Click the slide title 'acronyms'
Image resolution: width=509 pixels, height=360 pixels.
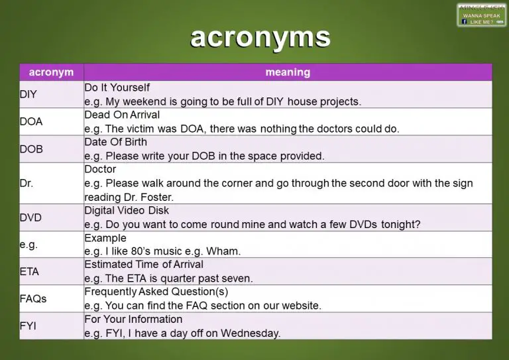click(x=260, y=38)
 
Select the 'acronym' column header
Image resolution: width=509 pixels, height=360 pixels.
click(x=51, y=72)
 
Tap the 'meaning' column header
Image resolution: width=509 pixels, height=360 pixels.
click(x=288, y=72)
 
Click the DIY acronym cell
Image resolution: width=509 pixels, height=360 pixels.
click(x=28, y=94)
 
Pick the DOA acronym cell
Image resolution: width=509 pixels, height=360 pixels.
click(x=31, y=122)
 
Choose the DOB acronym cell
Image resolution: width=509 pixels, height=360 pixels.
click(x=31, y=149)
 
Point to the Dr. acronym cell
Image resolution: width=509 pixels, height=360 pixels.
click(x=27, y=183)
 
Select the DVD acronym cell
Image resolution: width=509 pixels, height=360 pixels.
click(x=31, y=217)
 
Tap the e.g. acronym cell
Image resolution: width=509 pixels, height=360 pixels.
click(x=28, y=245)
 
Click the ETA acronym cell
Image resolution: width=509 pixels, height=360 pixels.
click(x=30, y=272)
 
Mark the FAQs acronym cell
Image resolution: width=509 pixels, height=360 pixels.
click(x=33, y=299)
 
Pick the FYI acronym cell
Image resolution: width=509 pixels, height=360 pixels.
click(x=28, y=326)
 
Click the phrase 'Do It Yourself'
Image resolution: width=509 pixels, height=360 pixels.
click(x=117, y=88)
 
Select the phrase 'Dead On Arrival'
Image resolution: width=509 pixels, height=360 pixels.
click(x=122, y=115)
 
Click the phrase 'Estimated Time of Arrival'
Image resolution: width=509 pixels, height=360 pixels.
click(x=144, y=265)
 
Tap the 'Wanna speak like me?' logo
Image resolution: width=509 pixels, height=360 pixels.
click(x=481, y=15)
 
